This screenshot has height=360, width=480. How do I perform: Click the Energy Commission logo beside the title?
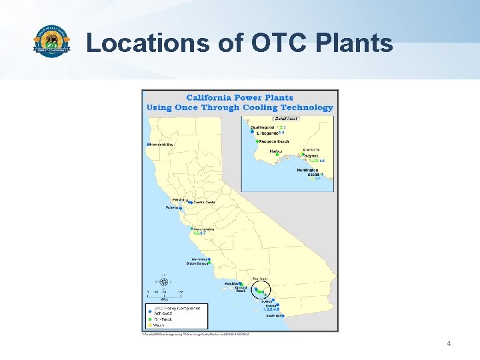[51, 42]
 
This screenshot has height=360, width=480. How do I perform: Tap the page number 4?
[449, 343]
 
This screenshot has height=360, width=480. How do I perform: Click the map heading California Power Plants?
[239, 98]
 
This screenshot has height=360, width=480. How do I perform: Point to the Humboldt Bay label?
[162, 144]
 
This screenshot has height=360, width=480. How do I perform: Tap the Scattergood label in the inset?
[263, 127]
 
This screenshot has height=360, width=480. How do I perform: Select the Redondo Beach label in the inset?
[274, 141]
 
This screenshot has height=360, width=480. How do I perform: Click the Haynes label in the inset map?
[311, 156]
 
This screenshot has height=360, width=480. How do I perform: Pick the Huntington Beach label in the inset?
[308, 172]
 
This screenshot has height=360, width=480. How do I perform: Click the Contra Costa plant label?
[204, 202]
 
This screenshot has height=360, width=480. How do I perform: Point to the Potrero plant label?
[172, 207]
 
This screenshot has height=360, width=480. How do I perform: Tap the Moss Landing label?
[204, 229]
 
